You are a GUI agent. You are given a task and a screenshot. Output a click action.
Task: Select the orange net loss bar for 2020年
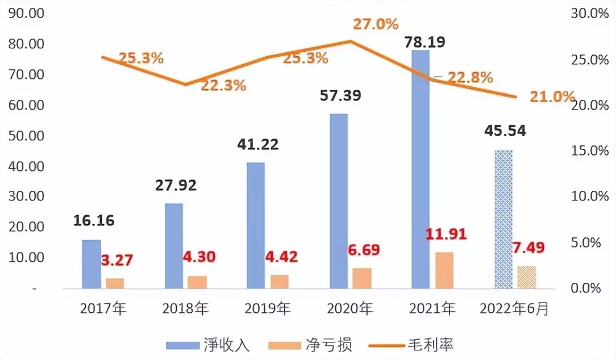362,278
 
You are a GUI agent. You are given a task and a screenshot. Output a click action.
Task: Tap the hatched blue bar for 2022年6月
503,219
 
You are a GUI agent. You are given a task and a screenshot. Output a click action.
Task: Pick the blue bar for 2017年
91,264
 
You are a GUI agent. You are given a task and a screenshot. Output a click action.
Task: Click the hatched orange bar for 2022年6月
527,277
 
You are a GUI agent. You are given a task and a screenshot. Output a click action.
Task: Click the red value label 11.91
447,235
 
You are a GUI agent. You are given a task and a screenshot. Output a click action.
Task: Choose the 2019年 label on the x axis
268,309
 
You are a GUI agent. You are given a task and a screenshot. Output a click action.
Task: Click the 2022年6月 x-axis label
515,309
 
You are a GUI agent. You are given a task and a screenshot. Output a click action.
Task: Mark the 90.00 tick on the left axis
27,14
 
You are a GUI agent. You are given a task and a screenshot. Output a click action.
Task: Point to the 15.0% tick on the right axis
586,151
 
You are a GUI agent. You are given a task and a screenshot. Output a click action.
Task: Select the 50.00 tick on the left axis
27,136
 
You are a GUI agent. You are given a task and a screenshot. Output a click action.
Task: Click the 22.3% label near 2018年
223,85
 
